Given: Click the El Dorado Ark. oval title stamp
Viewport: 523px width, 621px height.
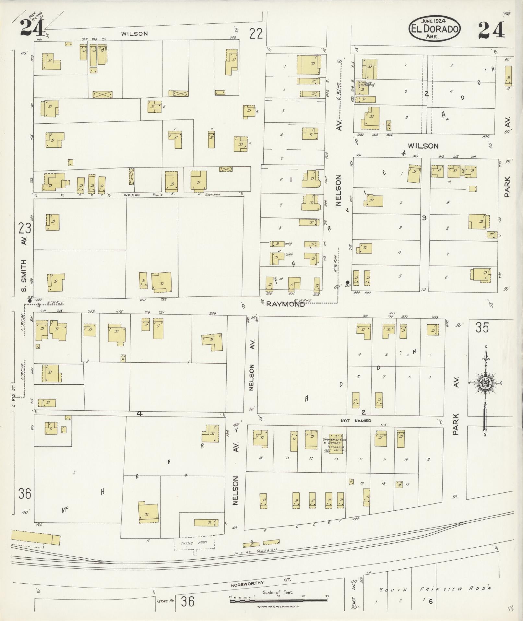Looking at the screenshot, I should tap(434, 28).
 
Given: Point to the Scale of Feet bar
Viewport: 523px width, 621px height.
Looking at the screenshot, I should tap(279, 601).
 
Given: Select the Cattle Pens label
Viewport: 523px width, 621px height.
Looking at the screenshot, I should tap(195, 543).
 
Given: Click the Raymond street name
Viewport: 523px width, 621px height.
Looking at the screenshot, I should tap(285, 304).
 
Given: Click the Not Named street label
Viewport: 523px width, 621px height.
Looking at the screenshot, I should tap(356, 421).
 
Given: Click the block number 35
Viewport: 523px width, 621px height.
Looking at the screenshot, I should tap(482, 328).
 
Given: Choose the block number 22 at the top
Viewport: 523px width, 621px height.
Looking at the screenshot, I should tap(256, 33).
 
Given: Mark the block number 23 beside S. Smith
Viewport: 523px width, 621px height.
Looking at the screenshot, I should tap(25, 228).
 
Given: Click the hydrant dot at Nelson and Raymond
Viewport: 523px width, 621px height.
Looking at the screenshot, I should tap(347, 282).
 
